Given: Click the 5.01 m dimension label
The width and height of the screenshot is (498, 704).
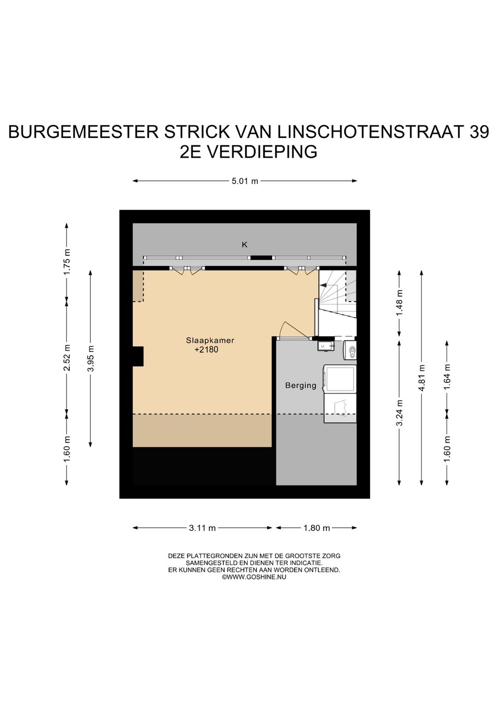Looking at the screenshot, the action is pyautogui.click(x=245, y=181).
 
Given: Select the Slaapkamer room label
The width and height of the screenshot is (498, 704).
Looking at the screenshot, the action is pyautogui.click(x=210, y=340).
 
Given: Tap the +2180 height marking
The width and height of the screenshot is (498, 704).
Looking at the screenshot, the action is pyautogui.click(x=207, y=350).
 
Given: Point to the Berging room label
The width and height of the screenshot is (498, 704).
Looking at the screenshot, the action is pyautogui.click(x=301, y=385).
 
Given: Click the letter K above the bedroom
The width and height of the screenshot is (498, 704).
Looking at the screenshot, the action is pyautogui.click(x=244, y=245).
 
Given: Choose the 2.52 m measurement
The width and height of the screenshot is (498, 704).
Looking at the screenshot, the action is pyautogui.click(x=66, y=358).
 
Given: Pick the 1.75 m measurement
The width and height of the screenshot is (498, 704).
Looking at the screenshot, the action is pyautogui.click(x=66, y=262).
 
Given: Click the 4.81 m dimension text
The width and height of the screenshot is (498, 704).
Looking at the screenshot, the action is pyautogui.click(x=422, y=377).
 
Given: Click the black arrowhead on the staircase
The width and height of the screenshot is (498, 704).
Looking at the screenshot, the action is pyautogui.click(x=323, y=285).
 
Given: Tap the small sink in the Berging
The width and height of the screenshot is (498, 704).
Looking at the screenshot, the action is pyautogui.click(x=326, y=346).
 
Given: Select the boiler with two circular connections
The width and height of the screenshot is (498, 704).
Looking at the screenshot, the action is pyautogui.click(x=350, y=350).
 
